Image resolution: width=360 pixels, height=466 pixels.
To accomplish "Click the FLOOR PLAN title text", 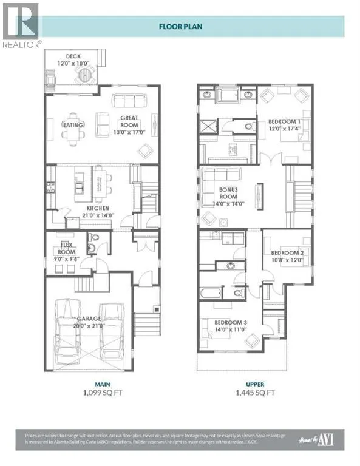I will pos(180,26).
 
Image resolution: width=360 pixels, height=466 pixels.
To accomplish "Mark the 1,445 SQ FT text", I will pos(255,393).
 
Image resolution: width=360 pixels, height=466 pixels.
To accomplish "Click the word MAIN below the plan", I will pos(88,383).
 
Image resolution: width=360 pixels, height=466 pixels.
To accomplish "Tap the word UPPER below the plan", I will pos(255,383).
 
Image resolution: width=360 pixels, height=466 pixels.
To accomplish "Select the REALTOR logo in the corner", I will pos(21,24).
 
